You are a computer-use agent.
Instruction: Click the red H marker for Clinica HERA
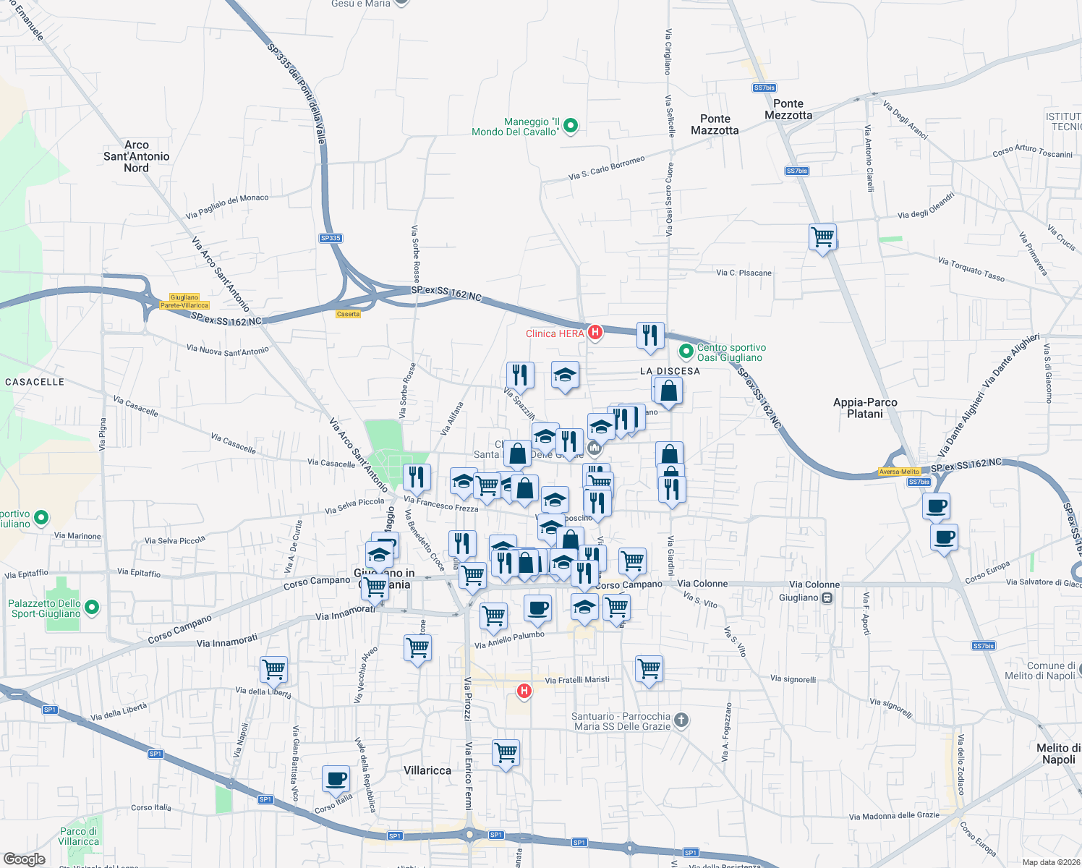(x=595, y=332)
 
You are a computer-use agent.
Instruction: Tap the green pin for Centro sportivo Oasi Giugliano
(x=686, y=352)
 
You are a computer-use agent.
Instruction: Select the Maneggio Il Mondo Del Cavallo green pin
(x=570, y=126)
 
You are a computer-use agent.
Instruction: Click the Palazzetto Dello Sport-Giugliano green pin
(x=92, y=608)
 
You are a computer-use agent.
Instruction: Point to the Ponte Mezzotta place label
(x=788, y=109)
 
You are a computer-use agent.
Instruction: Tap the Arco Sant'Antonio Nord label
(x=136, y=156)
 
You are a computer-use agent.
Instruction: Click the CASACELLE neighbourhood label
(x=35, y=382)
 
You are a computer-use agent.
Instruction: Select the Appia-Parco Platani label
(x=865, y=408)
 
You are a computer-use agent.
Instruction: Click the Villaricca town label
(x=427, y=770)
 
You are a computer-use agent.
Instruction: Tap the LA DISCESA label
(x=670, y=371)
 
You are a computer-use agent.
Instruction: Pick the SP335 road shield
(x=331, y=238)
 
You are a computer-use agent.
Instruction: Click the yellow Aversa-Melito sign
(x=899, y=472)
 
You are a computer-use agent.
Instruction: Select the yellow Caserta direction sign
(x=348, y=314)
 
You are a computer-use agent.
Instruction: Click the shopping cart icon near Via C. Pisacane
(x=822, y=236)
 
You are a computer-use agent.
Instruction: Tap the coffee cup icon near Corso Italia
(x=336, y=778)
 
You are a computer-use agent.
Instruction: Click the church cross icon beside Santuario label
(x=681, y=720)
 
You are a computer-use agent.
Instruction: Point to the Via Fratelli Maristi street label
(x=576, y=680)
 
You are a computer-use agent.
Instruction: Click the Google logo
(x=25, y=859)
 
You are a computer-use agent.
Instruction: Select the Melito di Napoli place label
(x=1058, y=754)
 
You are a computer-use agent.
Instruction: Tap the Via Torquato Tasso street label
(x=971, y=269)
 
